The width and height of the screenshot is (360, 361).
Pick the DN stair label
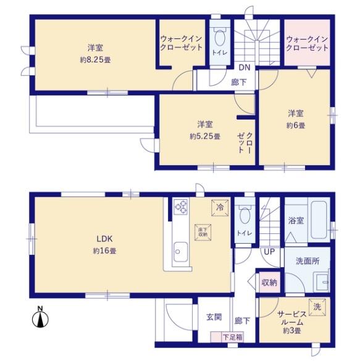tap(244, 67)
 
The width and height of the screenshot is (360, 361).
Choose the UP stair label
tap(269, 252)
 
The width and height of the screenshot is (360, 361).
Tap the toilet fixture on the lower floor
tap(245, 218)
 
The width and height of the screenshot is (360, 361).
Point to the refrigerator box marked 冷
tap(219, 208)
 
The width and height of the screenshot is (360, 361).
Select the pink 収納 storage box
tap(269, 282)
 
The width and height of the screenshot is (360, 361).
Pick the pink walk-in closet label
tap(306, 43)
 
